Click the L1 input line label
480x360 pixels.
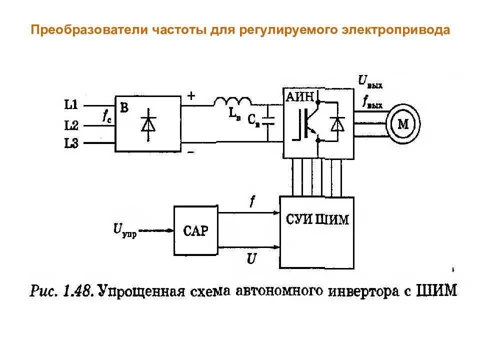[71, 104]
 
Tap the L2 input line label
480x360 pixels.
[71, 125]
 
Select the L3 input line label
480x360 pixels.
[71, 143]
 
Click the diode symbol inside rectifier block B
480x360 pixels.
[148, 124]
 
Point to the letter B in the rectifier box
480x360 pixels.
[124, 107]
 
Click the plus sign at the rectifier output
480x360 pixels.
[191, 96]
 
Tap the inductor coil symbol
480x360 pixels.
[232, 101]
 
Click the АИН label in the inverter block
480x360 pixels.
[299, 96]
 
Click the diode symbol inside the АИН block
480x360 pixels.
[337, 124]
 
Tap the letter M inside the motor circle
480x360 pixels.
[403, 124]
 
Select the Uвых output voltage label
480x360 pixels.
[370, 81]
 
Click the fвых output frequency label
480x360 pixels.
[372, 102]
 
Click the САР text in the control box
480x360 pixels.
[195, 231]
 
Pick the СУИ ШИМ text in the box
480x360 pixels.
[317, 219]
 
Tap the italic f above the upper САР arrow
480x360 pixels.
[252, 201]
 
